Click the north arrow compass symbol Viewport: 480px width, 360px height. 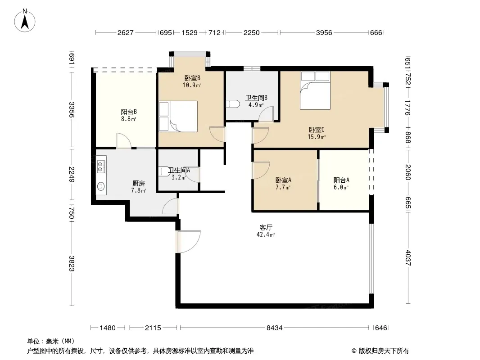coord(25,21)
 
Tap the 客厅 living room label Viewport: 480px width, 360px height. coord(266,227)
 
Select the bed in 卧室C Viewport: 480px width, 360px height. coord(315,90)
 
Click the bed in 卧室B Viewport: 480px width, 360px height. coord(178,117)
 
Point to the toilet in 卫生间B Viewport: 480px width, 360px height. coord(233,103)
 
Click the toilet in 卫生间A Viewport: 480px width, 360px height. coord(164,171)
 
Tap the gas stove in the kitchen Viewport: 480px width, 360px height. coord(101,167)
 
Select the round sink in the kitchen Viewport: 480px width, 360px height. coord(101,186)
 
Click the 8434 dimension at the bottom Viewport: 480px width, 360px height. coord(274,328)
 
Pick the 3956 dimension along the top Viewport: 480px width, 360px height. coord(324,33)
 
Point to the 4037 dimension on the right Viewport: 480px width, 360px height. coord(408,258)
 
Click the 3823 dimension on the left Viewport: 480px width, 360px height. coord(71,263)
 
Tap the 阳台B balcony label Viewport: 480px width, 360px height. coord(129,112)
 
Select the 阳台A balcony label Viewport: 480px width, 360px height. coord(341,180)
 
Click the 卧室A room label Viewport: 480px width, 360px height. coord(283,180)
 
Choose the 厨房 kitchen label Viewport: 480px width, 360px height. coord(138,183)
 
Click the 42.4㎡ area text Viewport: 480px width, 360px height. coord(266,234)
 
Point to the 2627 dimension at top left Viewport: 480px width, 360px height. coord(126,33)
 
